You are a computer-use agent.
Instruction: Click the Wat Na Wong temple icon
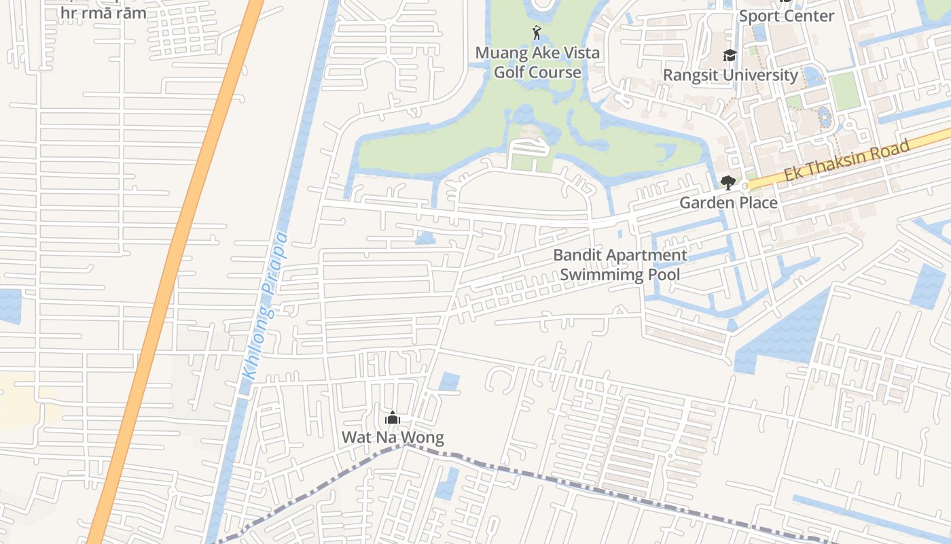[x=392, y=418]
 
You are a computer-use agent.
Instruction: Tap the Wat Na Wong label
[x=393, y=437]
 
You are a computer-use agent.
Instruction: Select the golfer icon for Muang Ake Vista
[x=537, y=33]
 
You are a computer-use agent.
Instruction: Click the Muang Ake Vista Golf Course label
[x=537, y=63]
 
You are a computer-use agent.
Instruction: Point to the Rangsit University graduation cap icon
[x=730, y=55]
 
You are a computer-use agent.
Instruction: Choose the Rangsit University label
[x=730, y=75]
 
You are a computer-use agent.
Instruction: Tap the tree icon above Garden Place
[x=728, y=182]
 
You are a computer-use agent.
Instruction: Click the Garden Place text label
[x=728, y=203]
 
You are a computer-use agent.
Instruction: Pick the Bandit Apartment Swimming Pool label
[x=620, y=265]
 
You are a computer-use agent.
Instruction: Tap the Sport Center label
[x=786, y=16]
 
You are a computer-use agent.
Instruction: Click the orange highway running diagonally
[x=170, y=272]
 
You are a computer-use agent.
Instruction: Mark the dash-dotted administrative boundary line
[x=543, y=478]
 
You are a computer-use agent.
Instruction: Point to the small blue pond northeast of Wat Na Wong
[x=449, y=381]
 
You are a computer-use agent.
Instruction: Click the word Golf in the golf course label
[x=509, y=72]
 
